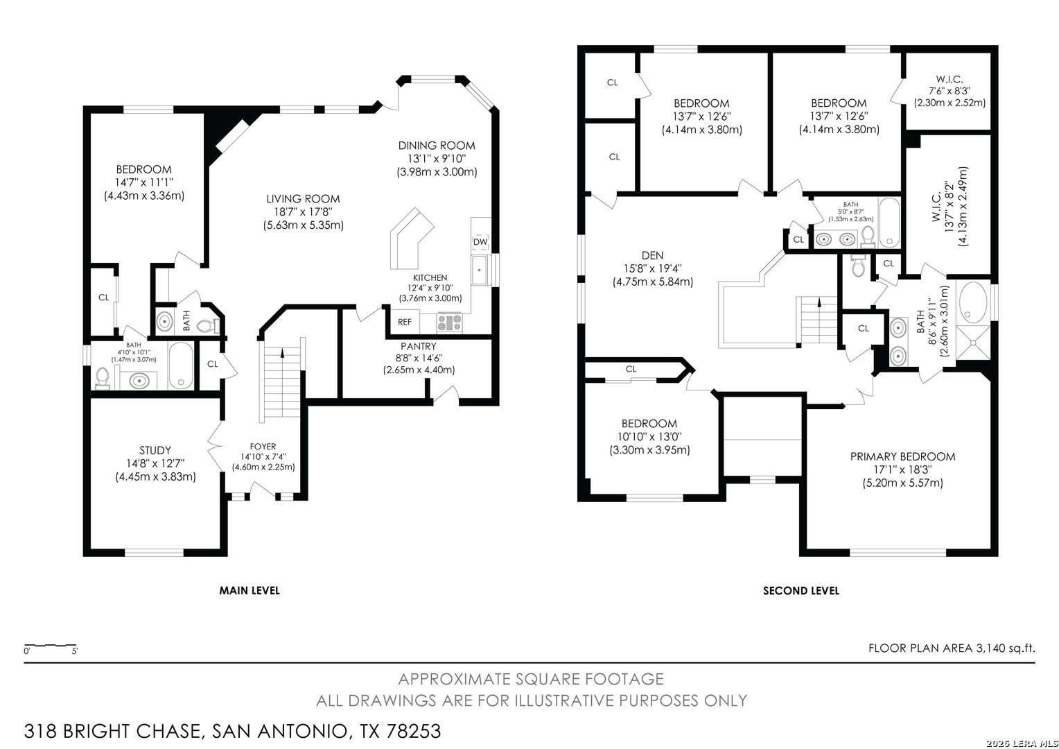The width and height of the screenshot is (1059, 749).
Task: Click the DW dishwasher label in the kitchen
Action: [x=480, y=242]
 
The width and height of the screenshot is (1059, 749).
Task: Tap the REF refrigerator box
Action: [x=404, y=322]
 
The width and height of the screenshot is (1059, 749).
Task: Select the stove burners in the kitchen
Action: [x=449, y=322]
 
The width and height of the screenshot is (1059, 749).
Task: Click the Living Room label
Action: [x=303, y=199]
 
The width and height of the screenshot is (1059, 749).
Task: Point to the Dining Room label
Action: [x=437, y=146]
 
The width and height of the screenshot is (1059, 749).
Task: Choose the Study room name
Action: [x=155, y=451]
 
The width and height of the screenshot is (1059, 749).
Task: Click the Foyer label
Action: [x=263, y=447]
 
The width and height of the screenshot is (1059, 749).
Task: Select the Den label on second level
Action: [x=652, y=255]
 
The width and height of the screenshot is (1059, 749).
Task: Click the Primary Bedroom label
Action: [x=902, y=456]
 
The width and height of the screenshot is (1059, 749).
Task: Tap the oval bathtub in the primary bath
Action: [x=974, y=302]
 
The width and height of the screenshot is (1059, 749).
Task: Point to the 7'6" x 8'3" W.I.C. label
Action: [x=949, y=91]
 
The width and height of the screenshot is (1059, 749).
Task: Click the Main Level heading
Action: [x=249, y=590]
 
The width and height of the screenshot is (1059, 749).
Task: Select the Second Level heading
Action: [x=801, y=590]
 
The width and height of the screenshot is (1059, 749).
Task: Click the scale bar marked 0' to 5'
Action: [x=50, y=646]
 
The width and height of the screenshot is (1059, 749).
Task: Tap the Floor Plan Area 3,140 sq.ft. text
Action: [x=952, y=648]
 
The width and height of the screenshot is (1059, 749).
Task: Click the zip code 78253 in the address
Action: [x=414, y=732]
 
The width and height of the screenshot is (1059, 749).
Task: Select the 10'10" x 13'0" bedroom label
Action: [x=649, y=437]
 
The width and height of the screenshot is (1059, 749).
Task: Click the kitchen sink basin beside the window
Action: [x=479, y=270]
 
